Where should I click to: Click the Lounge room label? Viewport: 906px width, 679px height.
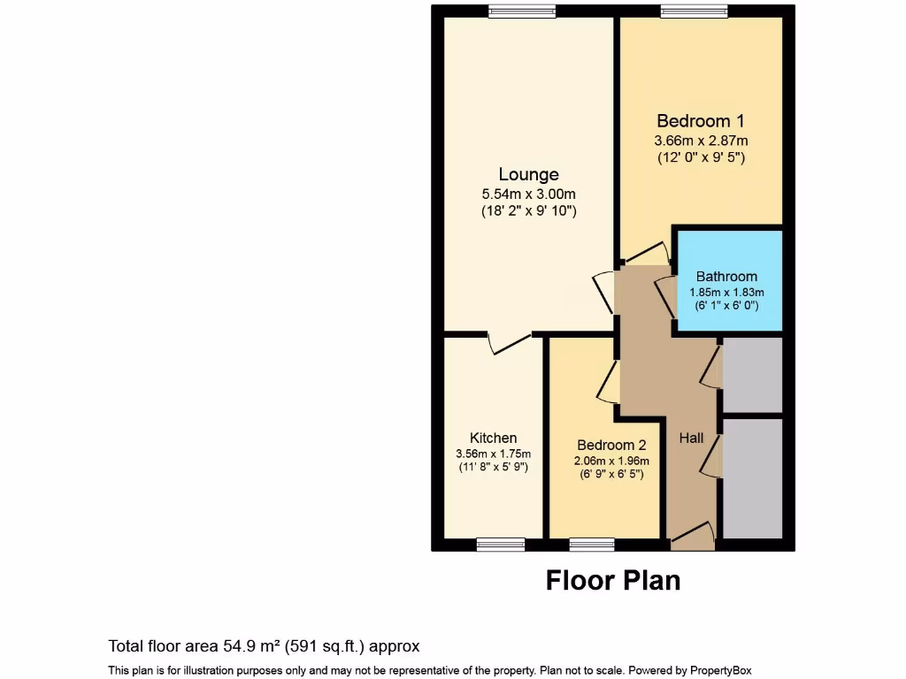click(x=528, y=174)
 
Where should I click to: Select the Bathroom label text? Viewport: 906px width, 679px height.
click(x=726, y=276)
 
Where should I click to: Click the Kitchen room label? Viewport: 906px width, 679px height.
click(x=493, y=438)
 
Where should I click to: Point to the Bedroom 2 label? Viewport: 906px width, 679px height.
click(x=612, y=445)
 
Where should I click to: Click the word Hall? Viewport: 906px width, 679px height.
click(x=691, y=438)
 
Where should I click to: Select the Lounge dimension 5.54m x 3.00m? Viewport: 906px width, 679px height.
click(x=528, y=194)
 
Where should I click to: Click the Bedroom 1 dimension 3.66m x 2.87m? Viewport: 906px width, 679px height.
click(x=701, y=141)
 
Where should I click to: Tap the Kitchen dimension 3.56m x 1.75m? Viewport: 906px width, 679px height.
click(x=493, y=454)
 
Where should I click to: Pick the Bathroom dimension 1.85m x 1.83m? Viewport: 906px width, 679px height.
click(x=726, y=292)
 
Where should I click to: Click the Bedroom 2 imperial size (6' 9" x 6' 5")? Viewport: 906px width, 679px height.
click(x=612, y=474)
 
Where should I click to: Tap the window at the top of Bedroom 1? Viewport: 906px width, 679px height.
click(x=695, y=11)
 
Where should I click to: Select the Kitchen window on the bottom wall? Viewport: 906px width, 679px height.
click(x=501, y=545)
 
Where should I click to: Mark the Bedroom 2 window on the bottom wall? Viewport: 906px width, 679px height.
click(x=592, y=545)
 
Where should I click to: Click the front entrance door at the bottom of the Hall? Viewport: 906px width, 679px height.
click(x=693, y=537)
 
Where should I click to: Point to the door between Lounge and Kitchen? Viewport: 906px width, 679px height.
click(x=510, y=342)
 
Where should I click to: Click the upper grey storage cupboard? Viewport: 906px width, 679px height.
click(x=753, y=375)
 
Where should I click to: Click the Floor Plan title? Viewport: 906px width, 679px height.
click(x=613, y=580)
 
